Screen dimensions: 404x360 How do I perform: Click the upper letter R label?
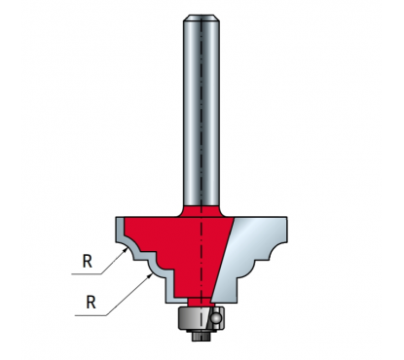(88, 262)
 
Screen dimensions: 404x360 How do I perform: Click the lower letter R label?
(92, 303)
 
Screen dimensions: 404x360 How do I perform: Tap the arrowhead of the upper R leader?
(126, 250)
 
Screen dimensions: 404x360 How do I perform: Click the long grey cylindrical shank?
(202, 110)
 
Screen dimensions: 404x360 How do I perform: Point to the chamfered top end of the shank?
(202, 18)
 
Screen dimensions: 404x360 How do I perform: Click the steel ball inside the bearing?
(215, 318)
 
